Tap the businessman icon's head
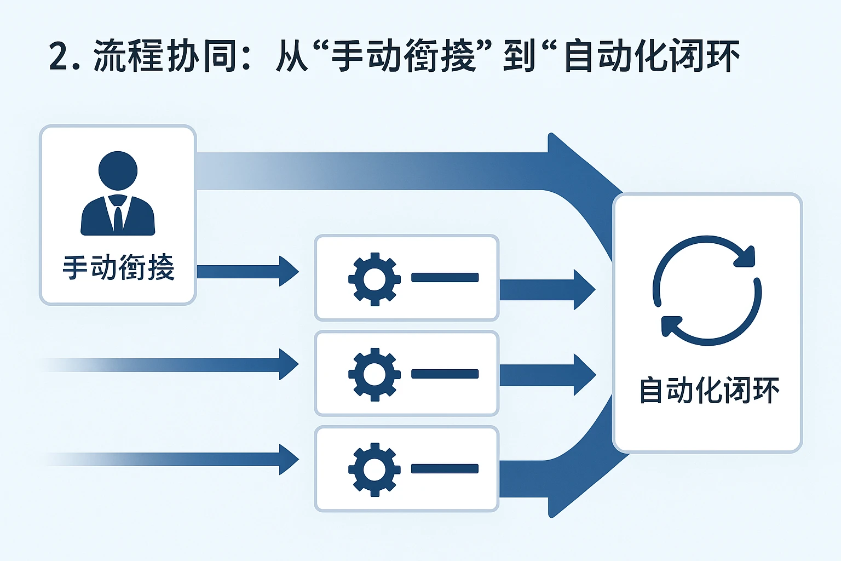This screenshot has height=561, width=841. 118,170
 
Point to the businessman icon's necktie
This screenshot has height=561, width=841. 118,216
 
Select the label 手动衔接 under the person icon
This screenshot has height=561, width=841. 118,268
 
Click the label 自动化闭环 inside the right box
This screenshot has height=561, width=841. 708,391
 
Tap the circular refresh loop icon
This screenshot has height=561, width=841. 707,291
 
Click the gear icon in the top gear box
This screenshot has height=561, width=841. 375,279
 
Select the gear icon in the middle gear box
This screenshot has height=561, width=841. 375,374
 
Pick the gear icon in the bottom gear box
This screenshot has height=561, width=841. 375,470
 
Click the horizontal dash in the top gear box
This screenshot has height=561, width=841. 445,278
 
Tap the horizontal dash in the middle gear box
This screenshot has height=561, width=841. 445,374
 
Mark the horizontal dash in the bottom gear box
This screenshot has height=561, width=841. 445,469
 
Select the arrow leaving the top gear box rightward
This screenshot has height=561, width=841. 548,290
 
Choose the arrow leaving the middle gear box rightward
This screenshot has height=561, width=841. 548,375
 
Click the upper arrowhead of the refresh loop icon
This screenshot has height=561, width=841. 745,256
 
